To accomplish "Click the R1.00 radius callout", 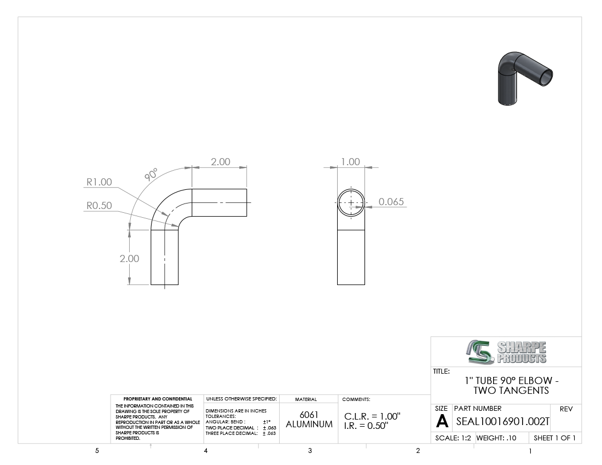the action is pyautogui.click(x=99, y=182).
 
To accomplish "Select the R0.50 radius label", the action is pyautogui.click(x=99, y=205).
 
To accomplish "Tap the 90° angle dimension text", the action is pyautogui.click(x=151, y=174).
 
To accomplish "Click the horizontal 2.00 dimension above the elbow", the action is pyautogui.click(x=221, y=161).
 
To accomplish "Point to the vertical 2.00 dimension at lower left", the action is pyautogui.click(x=129, y=259).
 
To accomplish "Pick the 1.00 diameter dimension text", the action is pyautogui.click(x=350, y=161).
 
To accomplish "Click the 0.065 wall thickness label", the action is pyautogui.click(x=391, y=201).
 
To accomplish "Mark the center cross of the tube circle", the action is pyautogui.click(x=351, y=202).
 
